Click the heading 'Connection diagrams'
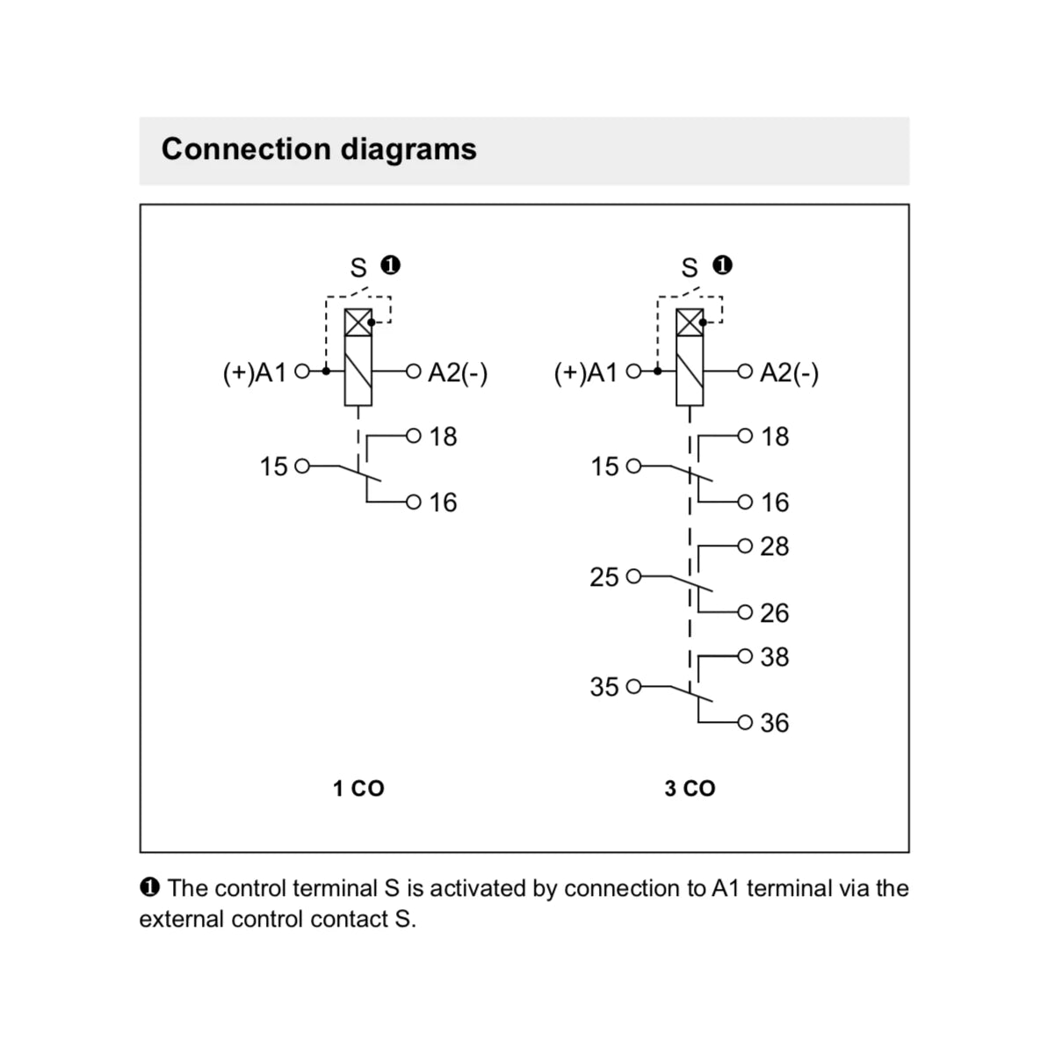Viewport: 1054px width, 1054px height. tap(319, 149)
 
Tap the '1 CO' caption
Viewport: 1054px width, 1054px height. tap(358, 789)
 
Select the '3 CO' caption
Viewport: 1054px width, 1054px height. tap(689, 789)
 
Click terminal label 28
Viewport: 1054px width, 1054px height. tap(775, 546)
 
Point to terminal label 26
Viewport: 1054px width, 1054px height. tap(775, 613)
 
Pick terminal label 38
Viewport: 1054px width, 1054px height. tap(775, 657)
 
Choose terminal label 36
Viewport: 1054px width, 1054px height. tap(775, 723)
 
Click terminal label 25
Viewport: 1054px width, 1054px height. tap(604, 577)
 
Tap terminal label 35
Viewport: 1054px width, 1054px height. tap(604, 687)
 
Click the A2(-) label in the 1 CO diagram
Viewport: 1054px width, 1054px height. tap(458, 373)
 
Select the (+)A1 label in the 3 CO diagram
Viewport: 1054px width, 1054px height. tap(586, 373)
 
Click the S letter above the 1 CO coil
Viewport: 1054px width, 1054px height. tap(358, 268)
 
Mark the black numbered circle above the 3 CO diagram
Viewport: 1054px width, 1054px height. tap(723, 265)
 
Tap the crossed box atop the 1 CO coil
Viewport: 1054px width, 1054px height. tap(358, 323)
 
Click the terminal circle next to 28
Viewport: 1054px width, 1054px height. tap(746, 546)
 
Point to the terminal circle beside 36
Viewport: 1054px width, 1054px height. tap(746, 723)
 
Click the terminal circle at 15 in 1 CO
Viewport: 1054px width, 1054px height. tap(302, 466)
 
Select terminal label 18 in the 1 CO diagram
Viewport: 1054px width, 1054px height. tap(444, 437)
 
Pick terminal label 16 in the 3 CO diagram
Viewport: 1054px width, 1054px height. tap(775, 502)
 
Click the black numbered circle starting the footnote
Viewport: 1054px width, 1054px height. tap(149, 887)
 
